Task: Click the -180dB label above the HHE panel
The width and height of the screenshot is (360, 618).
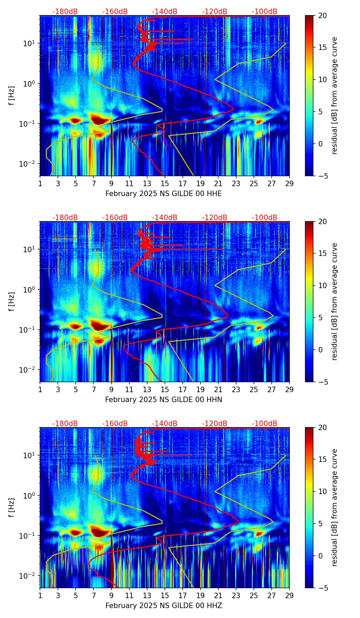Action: pyautogui.click(x=65, y=12)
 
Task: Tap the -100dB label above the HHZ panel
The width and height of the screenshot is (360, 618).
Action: pyautogui.click(x=265, y=424)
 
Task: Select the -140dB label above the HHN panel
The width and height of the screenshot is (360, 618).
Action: pyautogui.click(x=165, y=218)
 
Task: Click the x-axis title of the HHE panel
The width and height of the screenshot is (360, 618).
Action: pyautogui.click(x=164, y=194)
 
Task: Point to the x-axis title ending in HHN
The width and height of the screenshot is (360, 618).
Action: pyautogui.click(x=164, y=400)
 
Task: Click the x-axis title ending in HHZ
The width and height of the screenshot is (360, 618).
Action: pyautogui.click(x=164, y=606)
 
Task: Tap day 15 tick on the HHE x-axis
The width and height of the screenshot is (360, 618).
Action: pyautogui.click(x=165, y=184)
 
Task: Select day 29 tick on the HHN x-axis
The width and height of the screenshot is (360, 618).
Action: pyautogui.click(x=290, y=390)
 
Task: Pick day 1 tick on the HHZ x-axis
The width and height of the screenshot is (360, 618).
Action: pyautogui.click(x=40, y=596)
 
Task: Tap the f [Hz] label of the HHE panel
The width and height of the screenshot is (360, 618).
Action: pyautogui.click(x=12, y=96)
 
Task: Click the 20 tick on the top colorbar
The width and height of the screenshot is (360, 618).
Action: pyautogui.click(x=322, y=16)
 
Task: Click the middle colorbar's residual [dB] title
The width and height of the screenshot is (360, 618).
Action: pyautogui.click(x=334, y=301)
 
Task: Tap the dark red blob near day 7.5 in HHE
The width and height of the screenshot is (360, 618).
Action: pyautogui.click(x=99, y=120)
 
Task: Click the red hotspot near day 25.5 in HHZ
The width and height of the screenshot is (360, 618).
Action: pyautogui.click(x=259, y=533)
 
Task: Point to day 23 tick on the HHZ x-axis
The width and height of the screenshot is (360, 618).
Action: pyautogui.click(x=236, y=596)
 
